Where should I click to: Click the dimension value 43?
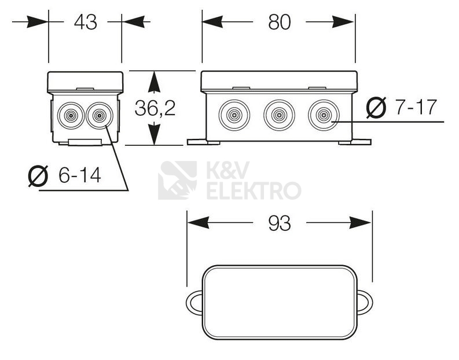pos(86,23)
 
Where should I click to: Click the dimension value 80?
pos(279,23)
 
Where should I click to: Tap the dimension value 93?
pos(279,223)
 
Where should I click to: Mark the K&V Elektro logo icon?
pos(177,180)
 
